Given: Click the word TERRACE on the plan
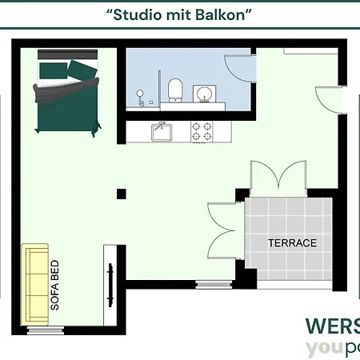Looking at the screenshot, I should [292, 243].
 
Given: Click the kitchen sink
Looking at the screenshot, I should [162, 130].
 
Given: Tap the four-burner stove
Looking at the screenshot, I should [201, 130].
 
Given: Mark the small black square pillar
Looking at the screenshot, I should [121, 193].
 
